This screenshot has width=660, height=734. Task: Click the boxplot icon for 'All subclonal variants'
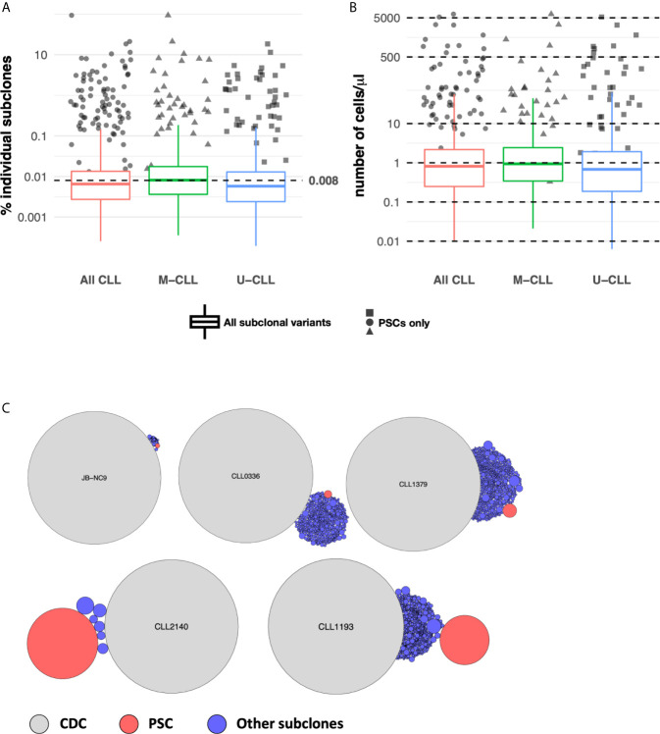click(x=204, y=322)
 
